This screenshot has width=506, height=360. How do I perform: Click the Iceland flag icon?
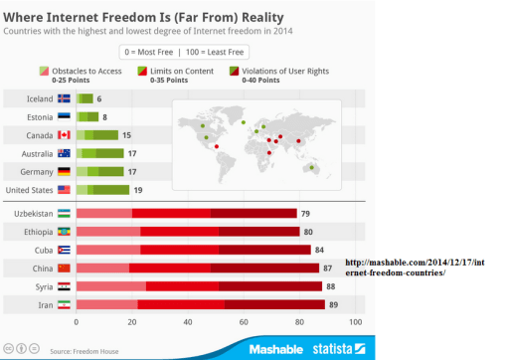click(65, 98)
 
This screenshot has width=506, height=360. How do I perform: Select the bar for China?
click(200, 268)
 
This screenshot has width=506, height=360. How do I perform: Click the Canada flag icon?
click(65, 134)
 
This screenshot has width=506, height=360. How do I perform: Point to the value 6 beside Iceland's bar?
click(99, 98)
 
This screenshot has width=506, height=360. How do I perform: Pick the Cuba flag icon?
click(65, 250)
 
